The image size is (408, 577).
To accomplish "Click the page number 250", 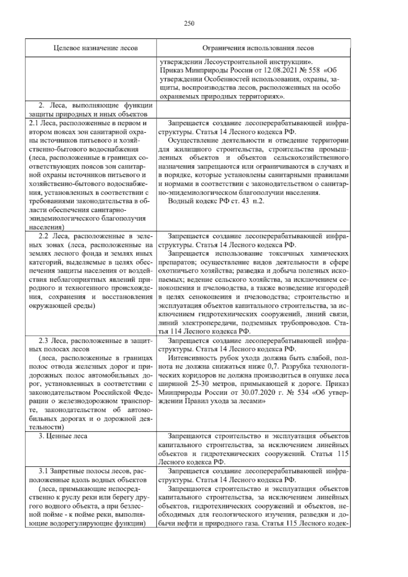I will click(189, 23).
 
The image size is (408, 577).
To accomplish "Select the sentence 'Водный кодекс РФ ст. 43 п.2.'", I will click(216, 201).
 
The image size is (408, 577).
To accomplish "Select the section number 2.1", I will click(34, 123).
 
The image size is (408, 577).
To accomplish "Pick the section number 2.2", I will click(44, 236).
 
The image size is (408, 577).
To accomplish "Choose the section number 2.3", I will click(44, 341).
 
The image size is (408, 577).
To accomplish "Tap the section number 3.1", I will click(44, 471).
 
